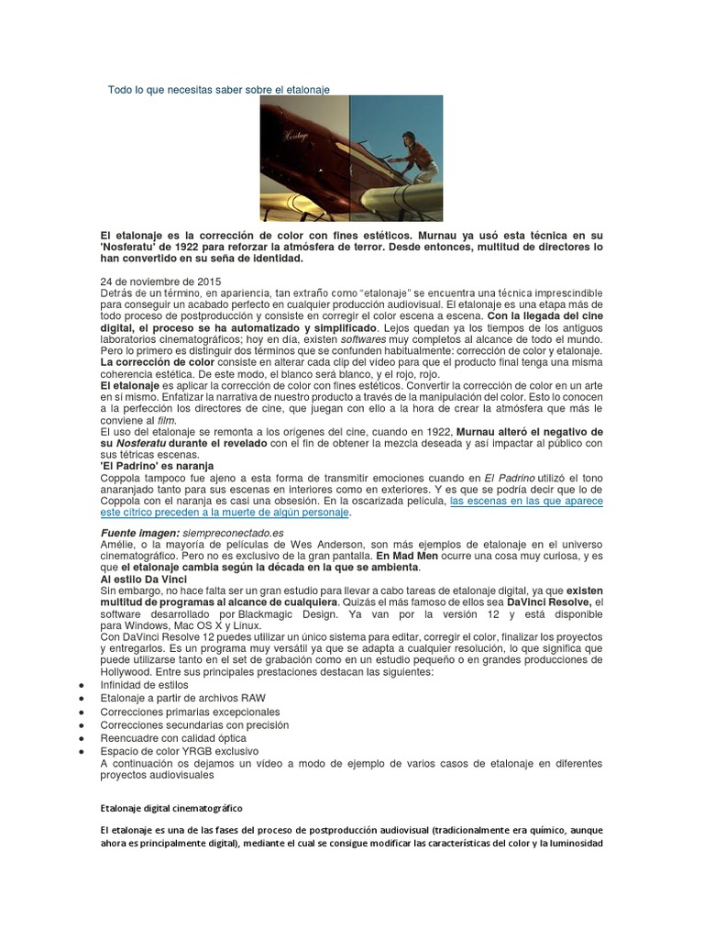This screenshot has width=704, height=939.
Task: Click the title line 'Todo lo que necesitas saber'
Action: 218,89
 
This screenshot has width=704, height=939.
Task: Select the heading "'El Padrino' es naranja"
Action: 156,466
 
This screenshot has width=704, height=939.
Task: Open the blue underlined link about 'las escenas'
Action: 525,502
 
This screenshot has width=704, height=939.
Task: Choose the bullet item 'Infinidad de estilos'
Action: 144,685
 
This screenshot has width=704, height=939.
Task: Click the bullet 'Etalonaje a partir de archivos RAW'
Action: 182,698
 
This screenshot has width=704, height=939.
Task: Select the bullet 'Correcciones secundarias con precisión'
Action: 194,724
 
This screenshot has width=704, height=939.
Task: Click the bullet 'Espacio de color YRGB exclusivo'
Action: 180,750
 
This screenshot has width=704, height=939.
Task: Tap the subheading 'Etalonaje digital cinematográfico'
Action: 171,808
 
